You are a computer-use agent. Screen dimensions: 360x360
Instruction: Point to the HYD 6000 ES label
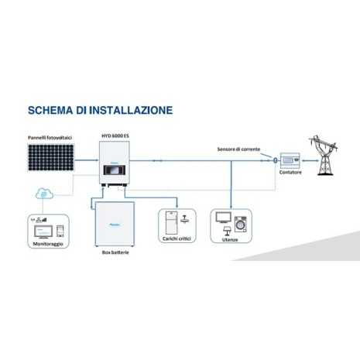[x=115, y=138]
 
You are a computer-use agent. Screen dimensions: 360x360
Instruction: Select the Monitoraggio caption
[x=46, y=244]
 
